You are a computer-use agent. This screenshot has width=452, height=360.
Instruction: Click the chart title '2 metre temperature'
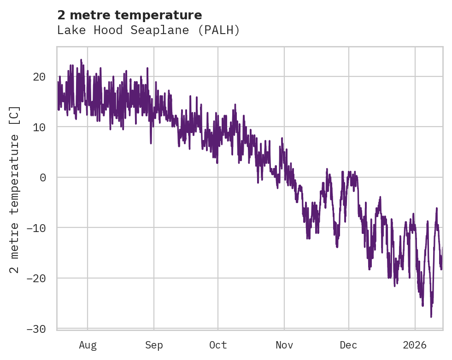tap(129, 15)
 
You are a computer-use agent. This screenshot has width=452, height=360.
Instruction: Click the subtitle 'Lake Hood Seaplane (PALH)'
tap(148, 30)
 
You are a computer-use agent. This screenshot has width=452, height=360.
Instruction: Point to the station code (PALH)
tap(222, 30)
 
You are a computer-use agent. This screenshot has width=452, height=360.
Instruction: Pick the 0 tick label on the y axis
tap(43, 177)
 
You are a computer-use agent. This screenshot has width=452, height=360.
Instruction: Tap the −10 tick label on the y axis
tap(36, 228)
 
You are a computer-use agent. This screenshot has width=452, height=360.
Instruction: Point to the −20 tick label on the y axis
tap(36, 278)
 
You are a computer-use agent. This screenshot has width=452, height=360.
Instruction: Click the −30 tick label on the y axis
tap(36, 329)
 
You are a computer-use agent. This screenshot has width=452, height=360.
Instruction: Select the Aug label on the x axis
tap(88, 345)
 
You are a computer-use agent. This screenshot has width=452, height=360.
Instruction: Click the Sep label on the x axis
tap(153, 345)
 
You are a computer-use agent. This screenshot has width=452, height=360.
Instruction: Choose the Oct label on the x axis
tap(218, 345)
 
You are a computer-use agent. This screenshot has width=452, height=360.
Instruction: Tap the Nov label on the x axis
tap(284, 345)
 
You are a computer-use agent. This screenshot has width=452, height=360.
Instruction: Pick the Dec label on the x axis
tap(349, 345)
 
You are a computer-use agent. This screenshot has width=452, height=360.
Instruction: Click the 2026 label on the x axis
tap(415, 345)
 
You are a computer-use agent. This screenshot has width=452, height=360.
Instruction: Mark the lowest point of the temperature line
tap(431, 317)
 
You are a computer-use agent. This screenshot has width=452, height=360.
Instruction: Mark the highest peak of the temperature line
tap(81, 60)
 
